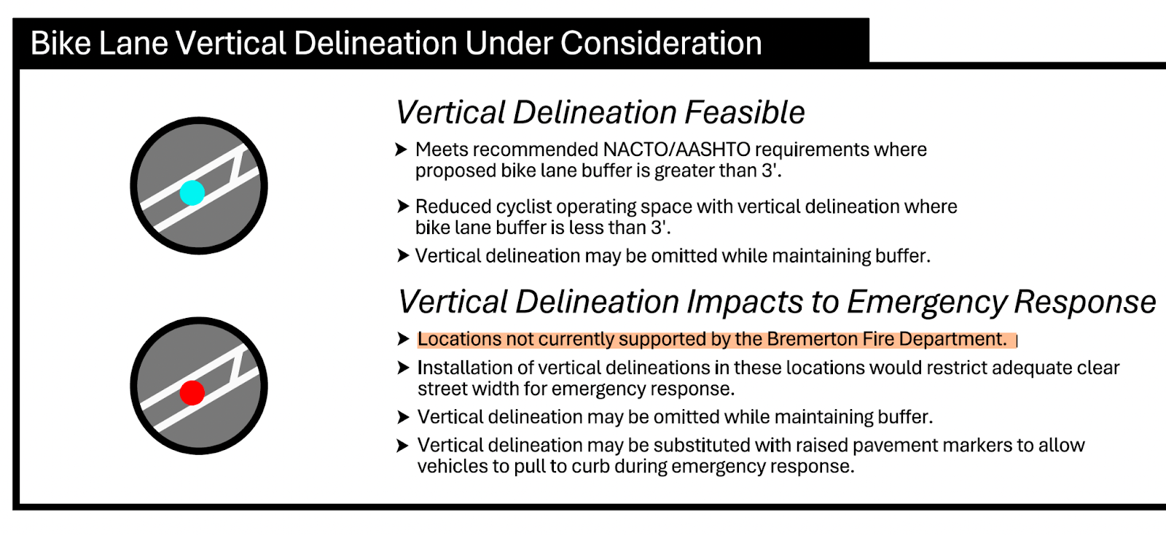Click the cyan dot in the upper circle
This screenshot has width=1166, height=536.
tap(192, 193)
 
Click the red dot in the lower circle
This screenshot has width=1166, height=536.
tap(192, 393)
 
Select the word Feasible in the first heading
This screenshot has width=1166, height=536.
tap(745, 113)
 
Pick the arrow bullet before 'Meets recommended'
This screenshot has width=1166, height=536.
tap(401, 149)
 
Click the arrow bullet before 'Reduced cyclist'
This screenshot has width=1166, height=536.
tap(402, 206)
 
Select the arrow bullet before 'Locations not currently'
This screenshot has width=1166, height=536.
tap(403, 339)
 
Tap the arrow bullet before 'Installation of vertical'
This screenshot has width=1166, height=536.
tap(403, 368)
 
